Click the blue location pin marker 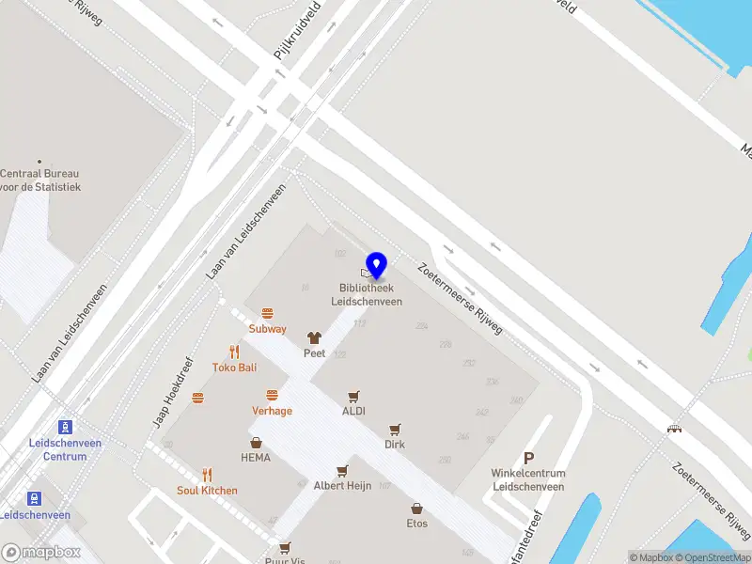tap(377, 265)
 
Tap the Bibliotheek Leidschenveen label tap(367, 295)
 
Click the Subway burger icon tap(268, 313)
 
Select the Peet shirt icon tap(314, 337)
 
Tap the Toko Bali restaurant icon tap(234, 352)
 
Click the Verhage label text tap(272, 411)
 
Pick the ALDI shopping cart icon tap(354, 396)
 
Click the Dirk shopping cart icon tap(395, 429)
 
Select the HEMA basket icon tap(256, 443)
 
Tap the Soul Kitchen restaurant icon tap(207, 475)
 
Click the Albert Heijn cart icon tap(342, 470)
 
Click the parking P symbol tap(528, 458)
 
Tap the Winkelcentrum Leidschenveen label tap(528, 480)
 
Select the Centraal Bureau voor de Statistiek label tap(40, 180)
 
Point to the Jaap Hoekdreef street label tap(173, 393)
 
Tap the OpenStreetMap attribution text tap(713, 557)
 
